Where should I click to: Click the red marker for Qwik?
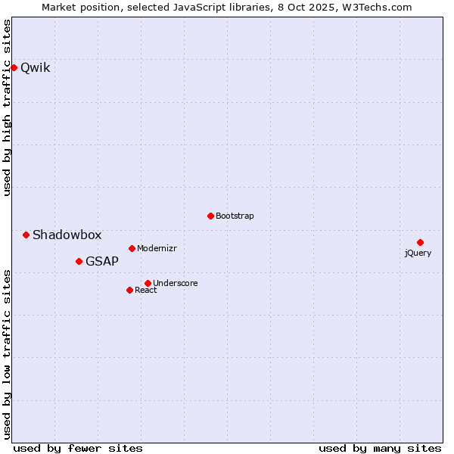pos(14,67)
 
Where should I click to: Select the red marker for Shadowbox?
pos(26,235)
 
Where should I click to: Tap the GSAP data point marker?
pos(79,261)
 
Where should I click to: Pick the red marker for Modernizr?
pos(132,248)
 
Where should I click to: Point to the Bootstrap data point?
pos(210,216)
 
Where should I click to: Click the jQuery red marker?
pos(420,242)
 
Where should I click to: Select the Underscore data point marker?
pos(148,283)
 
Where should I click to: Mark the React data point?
pos(129,290)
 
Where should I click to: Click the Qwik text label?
pos(36,67)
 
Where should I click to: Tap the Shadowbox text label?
pos(67,235)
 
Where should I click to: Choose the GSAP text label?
pos(102,261)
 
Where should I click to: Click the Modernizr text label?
pos(157,248)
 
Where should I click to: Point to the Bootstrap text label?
pos(235,216)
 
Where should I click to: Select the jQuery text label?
pos(418,253)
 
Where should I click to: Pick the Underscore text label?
pos(176,283)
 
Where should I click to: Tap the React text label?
pos(146,290)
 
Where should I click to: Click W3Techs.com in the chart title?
pos(377,7)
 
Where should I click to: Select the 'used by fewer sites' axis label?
pos(78,448)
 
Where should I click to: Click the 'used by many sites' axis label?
pos(380,448)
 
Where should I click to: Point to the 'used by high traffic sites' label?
pos(7,107)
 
